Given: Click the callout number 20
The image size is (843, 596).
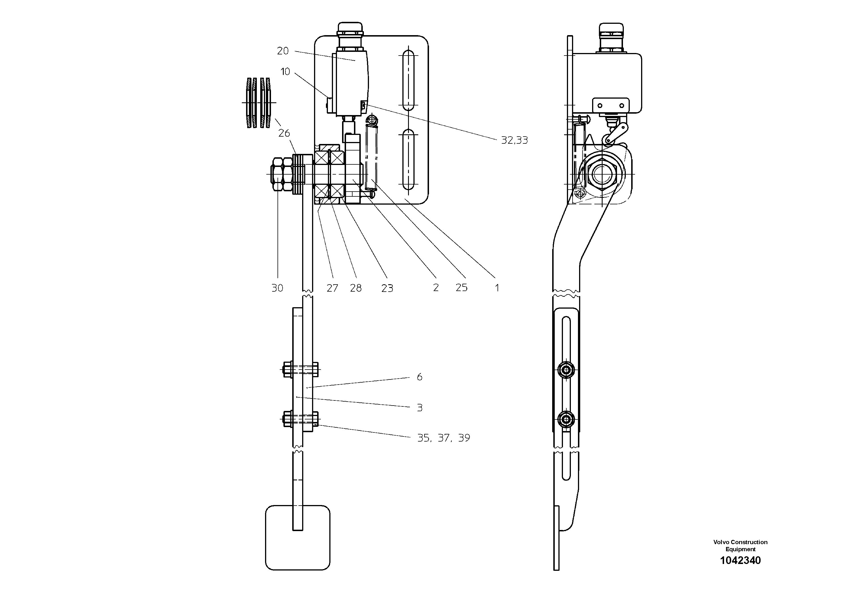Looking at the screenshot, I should [x=283, y=51].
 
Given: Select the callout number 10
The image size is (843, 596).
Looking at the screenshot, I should [x=285, y=72].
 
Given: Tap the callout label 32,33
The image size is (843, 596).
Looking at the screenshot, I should [x=515, y=140].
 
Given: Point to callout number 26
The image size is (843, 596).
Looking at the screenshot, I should [x=284, y=133].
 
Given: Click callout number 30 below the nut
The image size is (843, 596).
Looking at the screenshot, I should [x=277, y=288].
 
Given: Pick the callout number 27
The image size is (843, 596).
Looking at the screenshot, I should [x=332, y=288].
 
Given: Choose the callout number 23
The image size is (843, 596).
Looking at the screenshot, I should [x=387, y=288].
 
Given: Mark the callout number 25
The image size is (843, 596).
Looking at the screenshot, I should [x=462, y=287].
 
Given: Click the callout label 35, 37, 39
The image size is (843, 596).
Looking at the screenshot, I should [x=443, y=438].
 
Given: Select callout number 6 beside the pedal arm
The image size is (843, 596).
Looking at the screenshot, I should [x=419, y=377].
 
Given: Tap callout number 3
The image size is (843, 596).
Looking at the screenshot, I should [x=419, y=408].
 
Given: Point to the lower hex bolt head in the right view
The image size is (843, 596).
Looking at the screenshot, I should [x=566, y=419].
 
